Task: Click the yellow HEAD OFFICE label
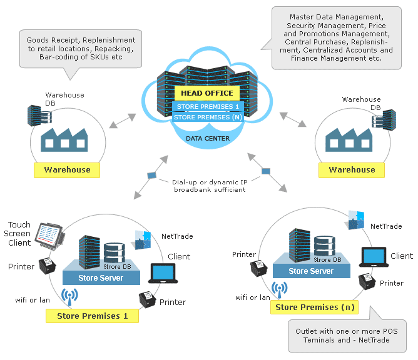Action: coord(206,93)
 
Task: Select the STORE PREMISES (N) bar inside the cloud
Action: coord(207,117)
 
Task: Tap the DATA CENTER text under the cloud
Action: coord(207,138)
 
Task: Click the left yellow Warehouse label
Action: coord(67,170)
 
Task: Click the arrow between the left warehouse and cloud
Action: coord(122,121)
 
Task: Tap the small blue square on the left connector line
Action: coord(151,176)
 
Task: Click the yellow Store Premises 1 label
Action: coord(92,316)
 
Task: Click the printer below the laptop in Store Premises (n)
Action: coord(367,282)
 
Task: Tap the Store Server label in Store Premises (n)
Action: coord(311,271)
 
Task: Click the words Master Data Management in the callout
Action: coord(335,16)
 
